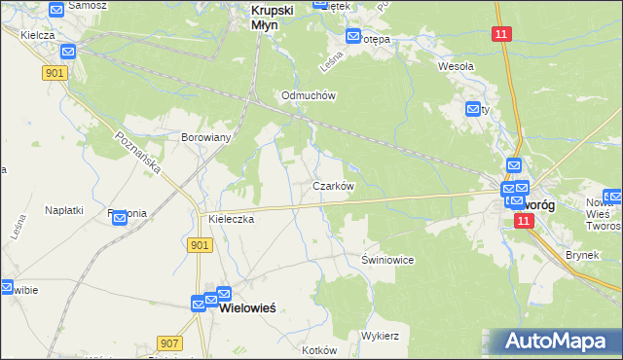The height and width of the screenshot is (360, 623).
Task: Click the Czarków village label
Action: coord(332,185)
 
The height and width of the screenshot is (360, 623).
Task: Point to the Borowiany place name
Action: coord(205,137)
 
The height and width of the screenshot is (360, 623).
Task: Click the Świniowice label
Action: coord(388,260)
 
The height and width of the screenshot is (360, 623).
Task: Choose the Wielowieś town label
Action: coord(248,307)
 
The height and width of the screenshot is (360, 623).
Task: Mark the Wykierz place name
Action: coord(381,335)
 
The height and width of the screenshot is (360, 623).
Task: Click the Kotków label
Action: coord(319,350)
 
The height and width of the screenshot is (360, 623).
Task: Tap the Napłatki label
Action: coord(64,209)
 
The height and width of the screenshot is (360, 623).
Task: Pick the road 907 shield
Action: coord(169,342)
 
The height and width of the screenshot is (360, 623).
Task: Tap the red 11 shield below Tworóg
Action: coord(524,222)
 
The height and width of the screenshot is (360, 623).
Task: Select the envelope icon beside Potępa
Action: coord(352,37)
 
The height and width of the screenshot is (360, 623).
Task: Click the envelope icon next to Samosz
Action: coord(55,9)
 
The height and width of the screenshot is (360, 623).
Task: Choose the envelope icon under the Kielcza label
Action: coord(69,52)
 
